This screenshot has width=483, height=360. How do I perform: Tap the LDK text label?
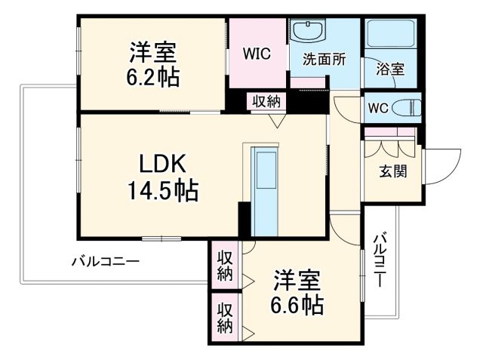click(159, 165)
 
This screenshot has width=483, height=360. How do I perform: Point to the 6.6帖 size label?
click(298, 304)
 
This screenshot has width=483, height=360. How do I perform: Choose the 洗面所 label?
click(324, 60)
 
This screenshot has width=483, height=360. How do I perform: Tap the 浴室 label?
click(389, 69)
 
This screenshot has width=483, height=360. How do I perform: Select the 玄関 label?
click(392, 171)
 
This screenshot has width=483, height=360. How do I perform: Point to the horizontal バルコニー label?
click(105, 262)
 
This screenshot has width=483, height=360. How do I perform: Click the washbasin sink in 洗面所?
click(307, 32)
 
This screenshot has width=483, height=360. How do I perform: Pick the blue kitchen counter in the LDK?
click(265, 192)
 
